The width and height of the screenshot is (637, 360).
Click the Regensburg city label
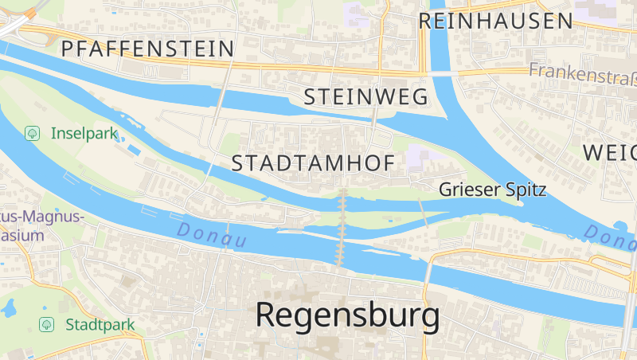tap(347, 316)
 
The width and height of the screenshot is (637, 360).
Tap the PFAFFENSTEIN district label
tap(148, 49)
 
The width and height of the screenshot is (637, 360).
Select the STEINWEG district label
tap(366, 97)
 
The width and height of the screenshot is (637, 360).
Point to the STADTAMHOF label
tap(313, 163)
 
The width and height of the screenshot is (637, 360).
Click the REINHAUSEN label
tap(496, 21)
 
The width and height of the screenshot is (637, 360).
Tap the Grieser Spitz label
tap(493, 190)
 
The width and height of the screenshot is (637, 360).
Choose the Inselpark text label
tap(84, 133)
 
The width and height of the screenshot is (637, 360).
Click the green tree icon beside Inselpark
tap(32, 133)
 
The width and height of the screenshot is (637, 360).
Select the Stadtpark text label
tap(100, 324)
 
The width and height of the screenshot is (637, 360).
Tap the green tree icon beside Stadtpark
tap(47, 324)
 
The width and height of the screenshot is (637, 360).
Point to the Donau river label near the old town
tap(212, 234)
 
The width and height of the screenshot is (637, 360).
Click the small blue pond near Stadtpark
tap(10, 306)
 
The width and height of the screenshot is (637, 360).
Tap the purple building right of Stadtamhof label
tap(416, 158)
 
